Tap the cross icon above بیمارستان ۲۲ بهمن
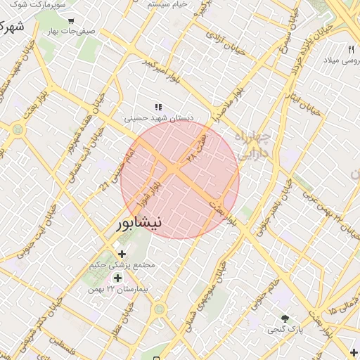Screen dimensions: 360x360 point(117,278)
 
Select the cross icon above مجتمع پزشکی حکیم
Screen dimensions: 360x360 point(122,253)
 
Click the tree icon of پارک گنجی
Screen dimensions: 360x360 point(285,319)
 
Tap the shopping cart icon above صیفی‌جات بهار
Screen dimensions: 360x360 point(70,20)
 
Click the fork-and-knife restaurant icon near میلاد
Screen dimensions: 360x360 point(351,49)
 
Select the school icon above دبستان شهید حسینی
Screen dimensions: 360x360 point(159,107)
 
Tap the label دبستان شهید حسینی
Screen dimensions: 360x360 point(159,118)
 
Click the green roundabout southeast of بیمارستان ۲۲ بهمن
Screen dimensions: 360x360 point(160,308)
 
